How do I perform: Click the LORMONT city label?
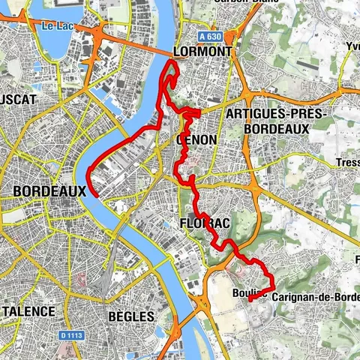click(202, 52)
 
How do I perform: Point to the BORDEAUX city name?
click(49, 191)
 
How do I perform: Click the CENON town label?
click(196, 139)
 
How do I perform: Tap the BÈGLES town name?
click(131, 316)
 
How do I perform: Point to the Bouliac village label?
click(247, 292)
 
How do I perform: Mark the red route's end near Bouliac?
click(249, 298)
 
